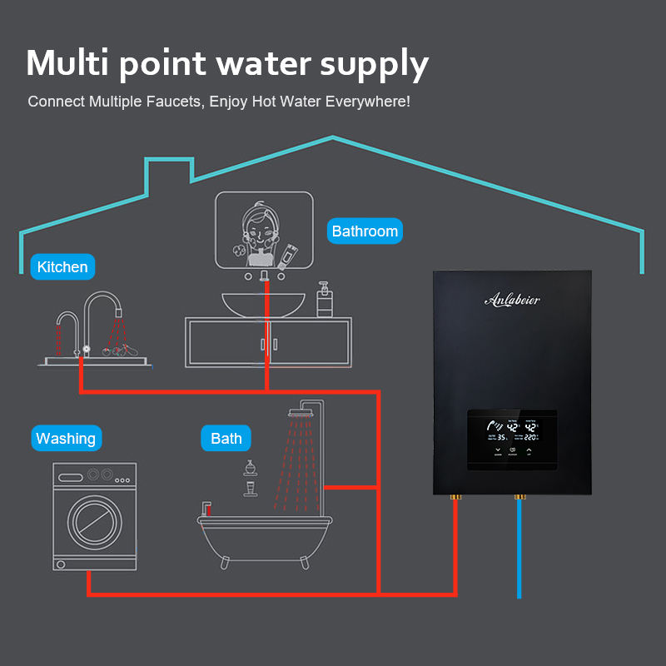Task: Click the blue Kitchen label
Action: [62, 267]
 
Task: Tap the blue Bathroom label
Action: [365, 231]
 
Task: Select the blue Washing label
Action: [66, 439]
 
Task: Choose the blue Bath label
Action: [226, 439]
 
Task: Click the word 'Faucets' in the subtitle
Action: [173, 102]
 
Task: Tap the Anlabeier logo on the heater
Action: [512, 300]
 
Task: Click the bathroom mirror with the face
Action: [265, 229]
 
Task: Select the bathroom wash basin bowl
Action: [265, 304]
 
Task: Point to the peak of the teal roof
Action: [333, 137]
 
